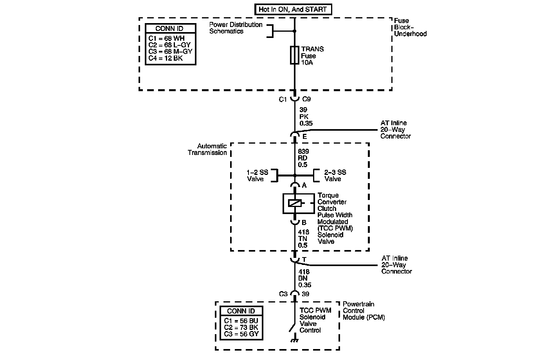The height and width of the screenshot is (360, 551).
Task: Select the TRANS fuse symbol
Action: [x=295, y=55]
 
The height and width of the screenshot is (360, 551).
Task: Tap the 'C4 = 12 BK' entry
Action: [x=166, y=59]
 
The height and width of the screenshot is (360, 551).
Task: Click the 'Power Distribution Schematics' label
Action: [x=236, y=28]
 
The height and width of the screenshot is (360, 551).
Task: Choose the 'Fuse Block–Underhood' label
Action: [x=410, y=27]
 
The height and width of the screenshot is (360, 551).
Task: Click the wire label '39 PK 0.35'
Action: [x=306, y=117]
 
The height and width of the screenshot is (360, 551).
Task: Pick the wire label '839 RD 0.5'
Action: [x=303, y=158]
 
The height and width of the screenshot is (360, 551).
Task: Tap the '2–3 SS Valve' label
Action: [x=335, y=175]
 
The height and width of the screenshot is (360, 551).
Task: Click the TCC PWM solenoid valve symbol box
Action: [x=299, y=203]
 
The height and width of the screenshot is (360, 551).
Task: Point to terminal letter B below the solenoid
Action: [x=304, y=223]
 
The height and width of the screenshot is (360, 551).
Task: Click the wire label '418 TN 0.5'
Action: [x=303, y=239]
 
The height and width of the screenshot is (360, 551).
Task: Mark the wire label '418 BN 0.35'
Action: [x=304, y=278]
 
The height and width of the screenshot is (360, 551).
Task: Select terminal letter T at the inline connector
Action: [x=304, y=259]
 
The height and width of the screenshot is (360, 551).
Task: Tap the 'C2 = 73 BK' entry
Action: [x=241, y=327]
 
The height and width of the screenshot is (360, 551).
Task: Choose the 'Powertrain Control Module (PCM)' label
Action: [x=364, y=311]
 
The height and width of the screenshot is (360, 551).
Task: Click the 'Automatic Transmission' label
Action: [x=207, y=149]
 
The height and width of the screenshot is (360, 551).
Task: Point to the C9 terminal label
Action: [x=307, y=99]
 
